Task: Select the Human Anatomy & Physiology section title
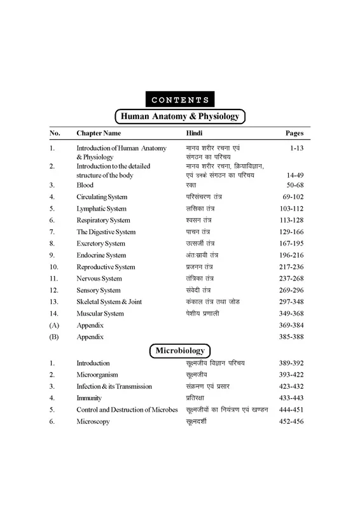click(x=179, y=117)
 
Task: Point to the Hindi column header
click(x=194, y=134)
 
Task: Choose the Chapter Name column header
click(x=99, y=134)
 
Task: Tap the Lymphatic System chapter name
click(x=101, y=209)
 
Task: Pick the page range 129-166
click(x=289, y=232)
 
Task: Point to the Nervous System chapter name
click(x=99, y=279)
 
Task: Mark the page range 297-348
click(x=289, y=302)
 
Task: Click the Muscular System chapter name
click(x=100, y=314)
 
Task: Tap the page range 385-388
click(x=289, y=337)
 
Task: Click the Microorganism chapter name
click(x=97, y=375)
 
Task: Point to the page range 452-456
click(x=291, y=421)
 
